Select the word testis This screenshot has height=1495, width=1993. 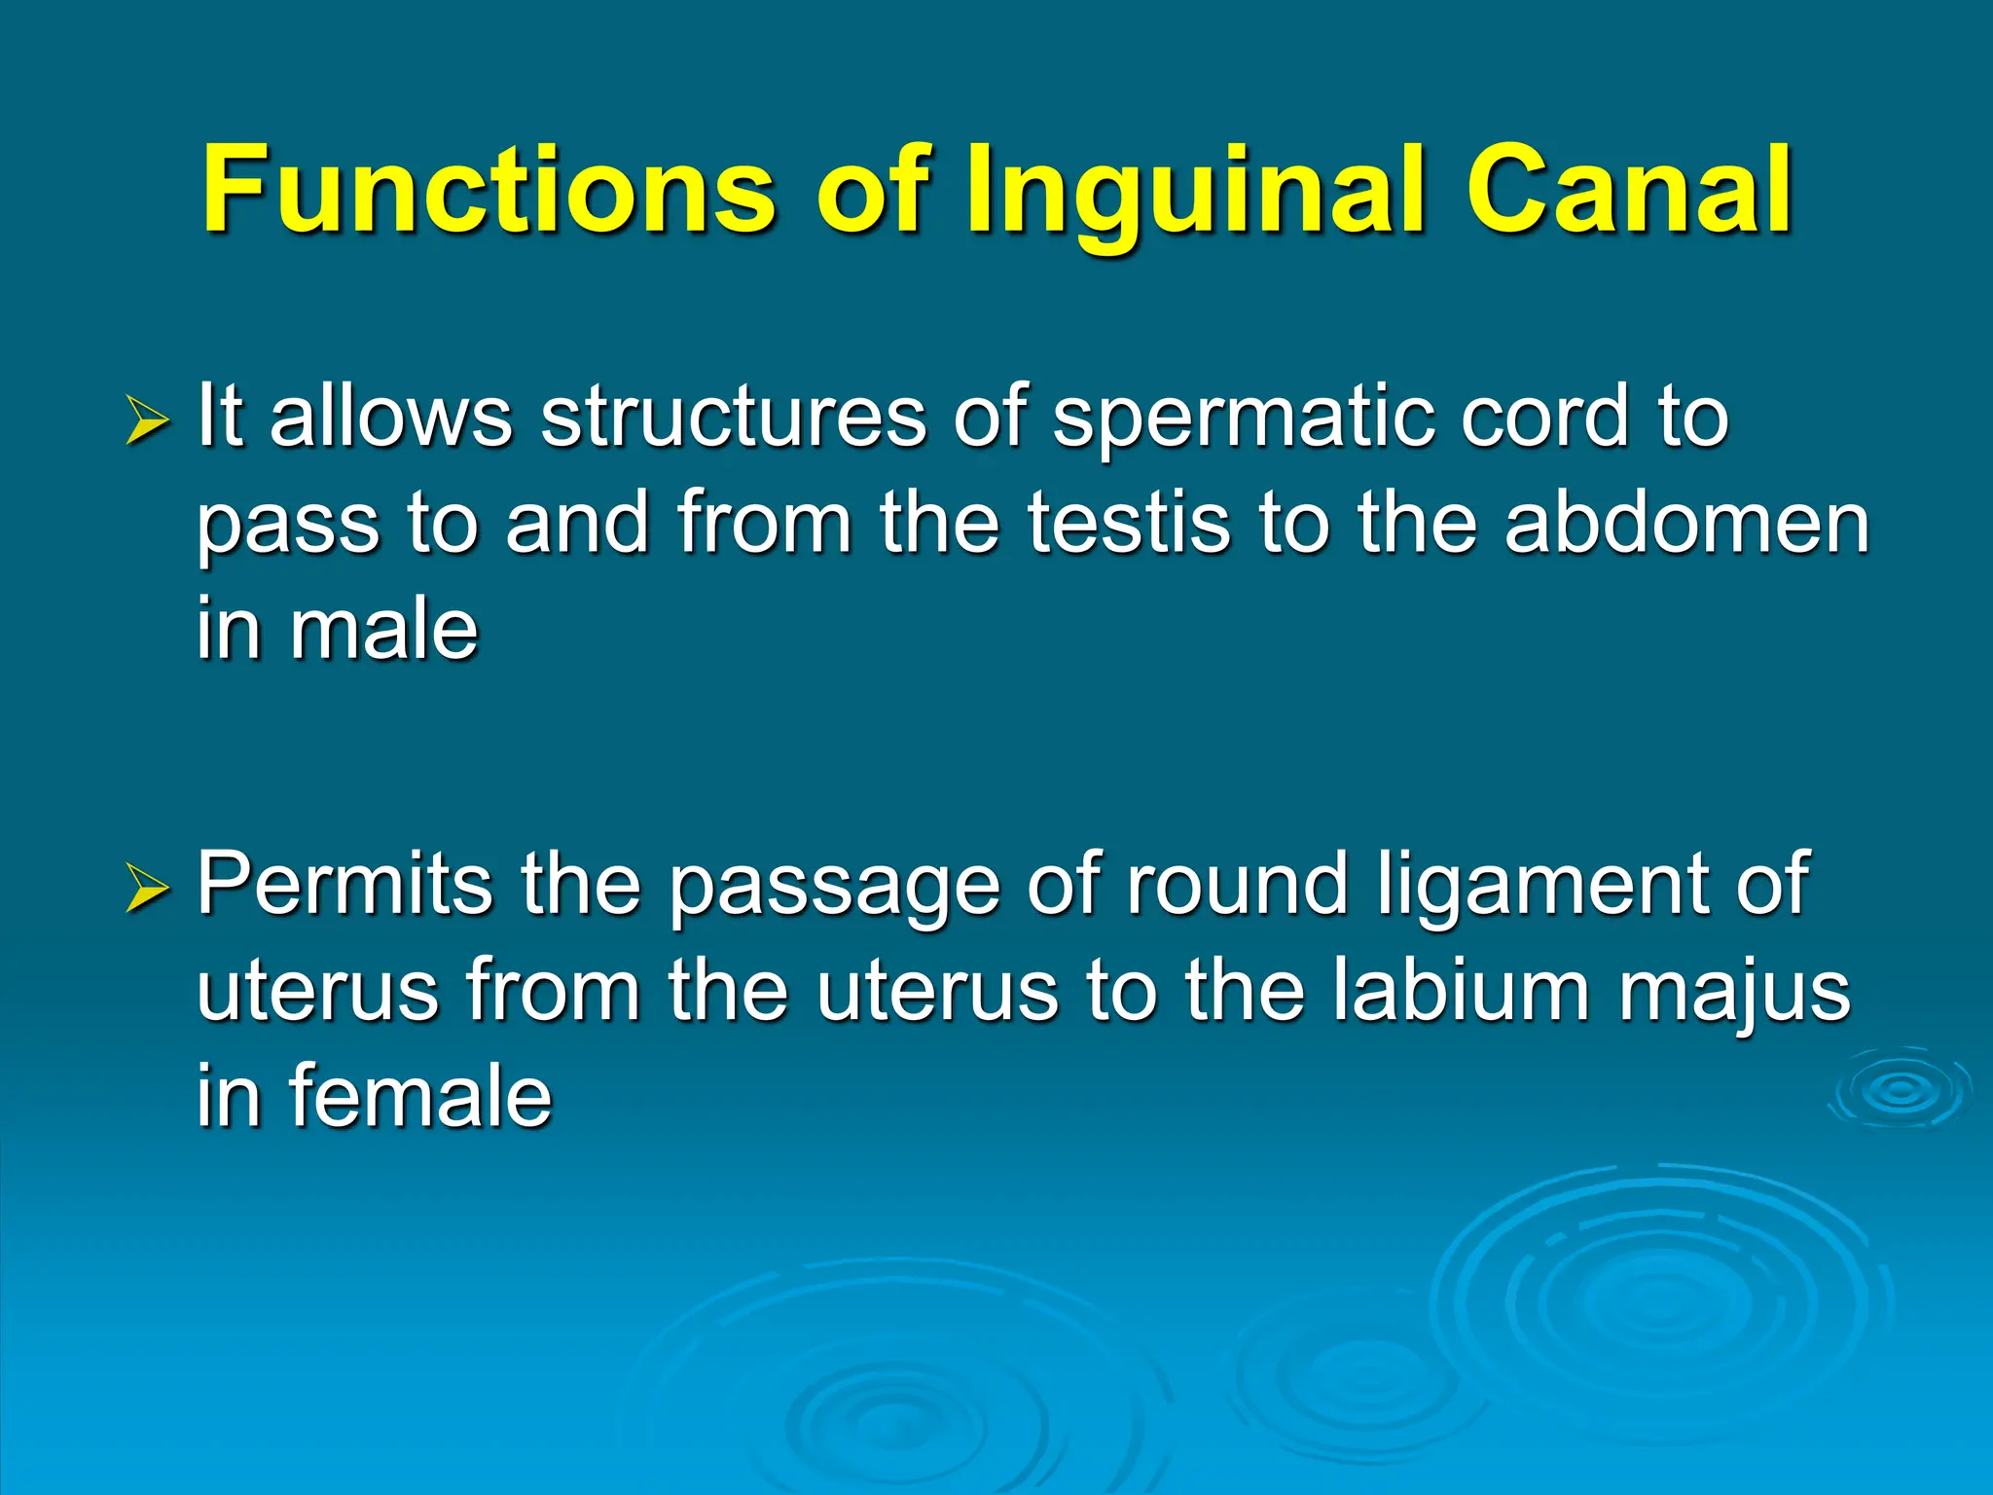coord(1129,523)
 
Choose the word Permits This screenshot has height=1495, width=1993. coord(344,884)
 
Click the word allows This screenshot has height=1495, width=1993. coord(390,417)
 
